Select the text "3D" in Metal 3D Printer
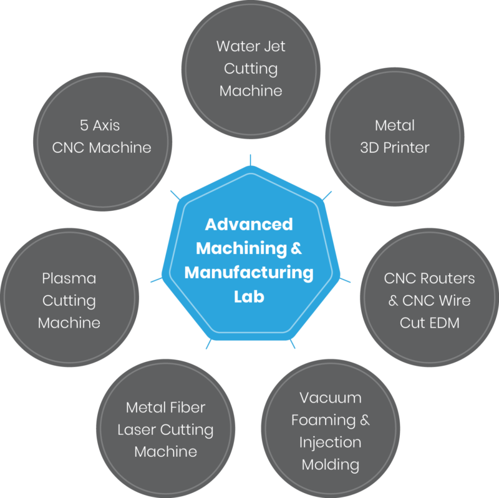point(373,148)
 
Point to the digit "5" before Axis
point(84,125)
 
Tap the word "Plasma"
point(69,278)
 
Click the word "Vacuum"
point(330,398)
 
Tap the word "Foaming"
point(322,420)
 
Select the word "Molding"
point(331,464)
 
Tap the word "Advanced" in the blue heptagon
point(249,223)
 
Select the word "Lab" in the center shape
point(249,297)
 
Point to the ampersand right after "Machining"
point(296,248)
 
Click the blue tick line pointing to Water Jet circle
point(249,160)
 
